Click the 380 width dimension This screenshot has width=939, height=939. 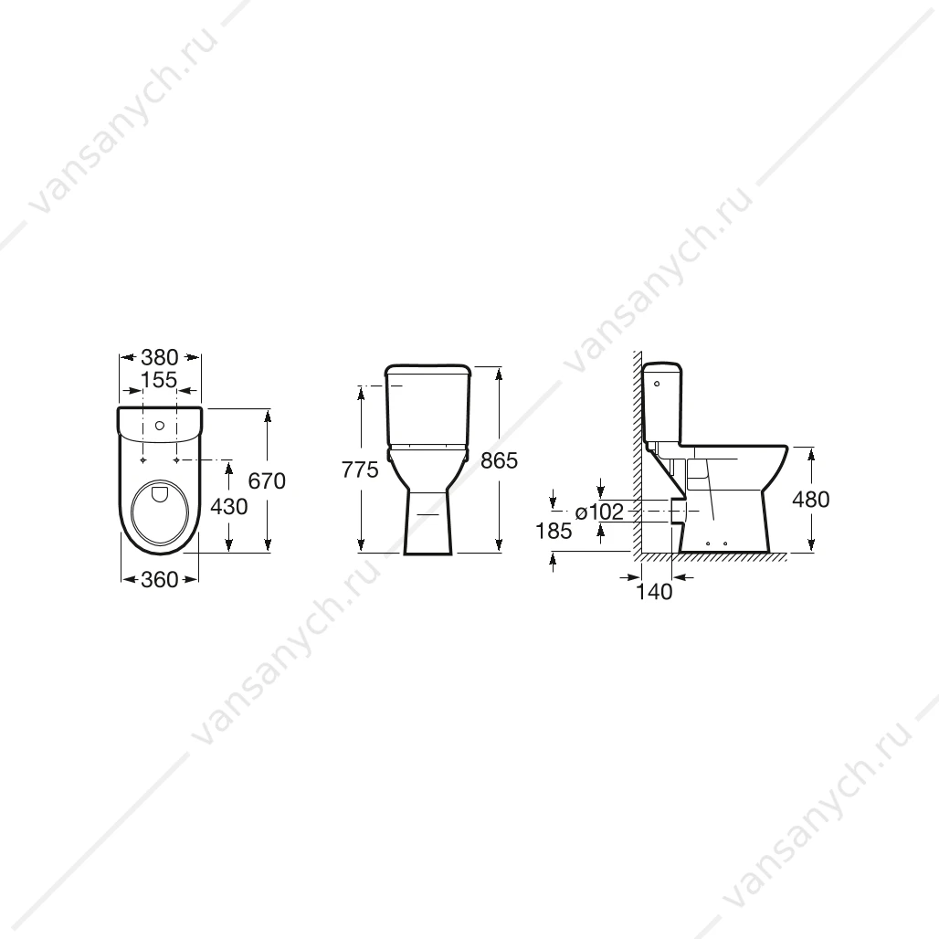point(160,357)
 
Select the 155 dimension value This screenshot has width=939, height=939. point(159,380)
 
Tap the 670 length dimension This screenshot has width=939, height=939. point(267,480)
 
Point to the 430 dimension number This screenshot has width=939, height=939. point(228,507)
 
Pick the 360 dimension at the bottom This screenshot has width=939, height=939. point(160,579)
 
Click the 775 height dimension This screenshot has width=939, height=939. point(360,470)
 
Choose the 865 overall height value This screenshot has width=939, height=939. point(499,460)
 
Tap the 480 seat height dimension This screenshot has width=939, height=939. point(811,500)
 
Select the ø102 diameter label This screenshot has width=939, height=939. point(599,512)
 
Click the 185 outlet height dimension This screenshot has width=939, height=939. point(554,531)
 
